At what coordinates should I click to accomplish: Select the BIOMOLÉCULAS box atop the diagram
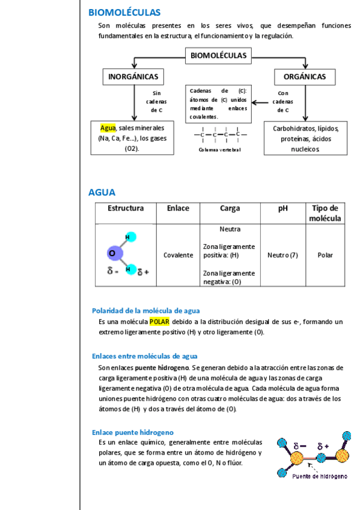tap(218, 56)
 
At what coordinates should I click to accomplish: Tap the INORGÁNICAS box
tap(133, 77)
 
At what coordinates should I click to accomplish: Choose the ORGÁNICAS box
tap(305, 77)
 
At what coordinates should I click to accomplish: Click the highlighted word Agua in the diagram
tap(108, 128)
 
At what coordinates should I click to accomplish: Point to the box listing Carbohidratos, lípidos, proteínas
tap(305, 138)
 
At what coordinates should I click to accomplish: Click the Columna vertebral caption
tap(219, 150)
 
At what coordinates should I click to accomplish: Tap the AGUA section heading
tap(102, 192)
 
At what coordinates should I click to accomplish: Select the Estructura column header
tap(126, 209)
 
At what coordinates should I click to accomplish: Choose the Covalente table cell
tap(178, 255)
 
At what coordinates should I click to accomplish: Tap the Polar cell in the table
tap(325, 255)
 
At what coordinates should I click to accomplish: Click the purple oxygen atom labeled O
tap(113, 254)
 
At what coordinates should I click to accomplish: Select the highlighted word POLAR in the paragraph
tap(159, 322)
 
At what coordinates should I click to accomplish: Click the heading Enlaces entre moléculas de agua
tap(144, 356)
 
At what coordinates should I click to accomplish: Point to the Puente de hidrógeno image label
tap(319, 476)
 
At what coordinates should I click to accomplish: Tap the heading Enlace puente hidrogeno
tap(132, 432)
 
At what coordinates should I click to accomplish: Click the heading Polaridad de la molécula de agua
tap(145, 310)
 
